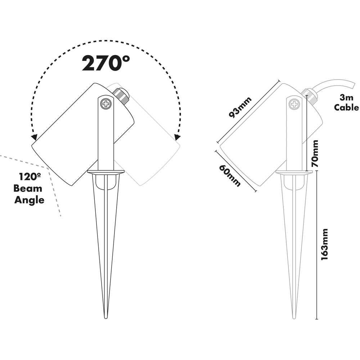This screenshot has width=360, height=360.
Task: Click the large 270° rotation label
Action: click(x=106, y=63)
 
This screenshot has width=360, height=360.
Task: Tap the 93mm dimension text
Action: click(x=240, y=107)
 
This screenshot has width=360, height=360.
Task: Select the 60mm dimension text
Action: click(x=230, y=176)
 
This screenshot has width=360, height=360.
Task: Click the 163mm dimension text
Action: click(x=324, y=244)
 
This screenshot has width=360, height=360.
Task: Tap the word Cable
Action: click(x=346, y=107)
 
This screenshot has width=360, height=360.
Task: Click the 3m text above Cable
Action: click(x=346, y=98)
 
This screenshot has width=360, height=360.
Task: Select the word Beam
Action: click(x=28, y=189)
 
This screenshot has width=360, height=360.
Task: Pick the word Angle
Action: click(x=30, y=200)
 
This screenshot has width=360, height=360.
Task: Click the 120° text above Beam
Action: click(x=30, y=177)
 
